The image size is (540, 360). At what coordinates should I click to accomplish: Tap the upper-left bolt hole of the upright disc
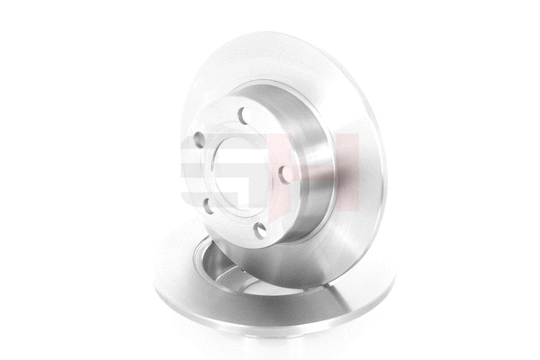(x=199, y=140)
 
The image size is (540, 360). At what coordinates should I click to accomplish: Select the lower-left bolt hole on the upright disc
(x=208, y=204)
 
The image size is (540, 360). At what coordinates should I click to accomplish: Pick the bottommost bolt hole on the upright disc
(x=260, y=230)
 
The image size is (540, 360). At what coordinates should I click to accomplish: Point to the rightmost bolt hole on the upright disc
(x=285, y=172)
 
